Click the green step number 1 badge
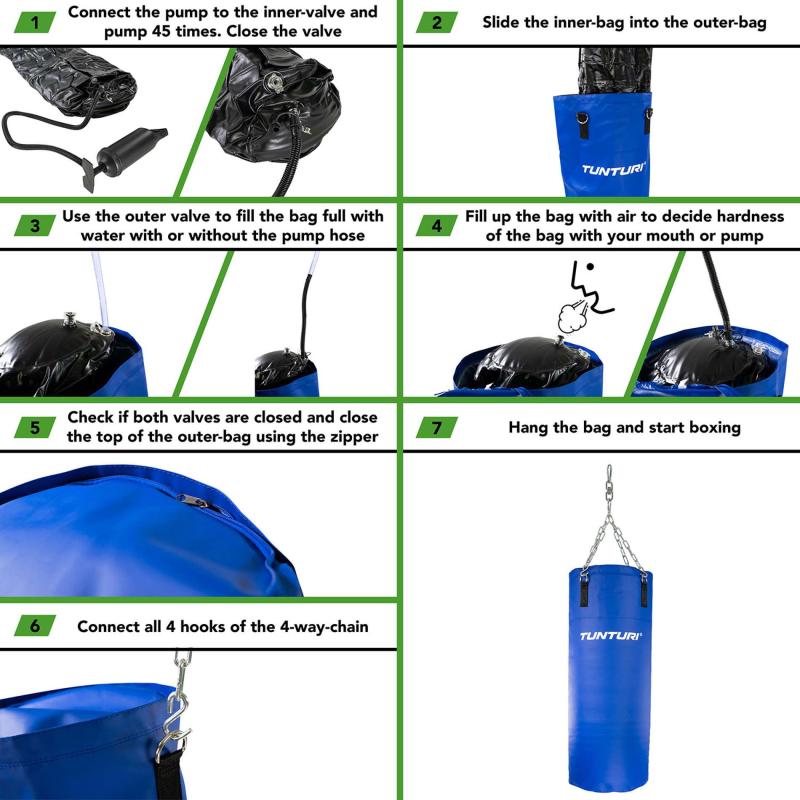point(35,21)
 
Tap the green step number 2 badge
point(436,21)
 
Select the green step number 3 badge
point(35,225)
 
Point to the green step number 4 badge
point(436,225)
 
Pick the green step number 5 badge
point(35,427)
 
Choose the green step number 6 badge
point(35,627)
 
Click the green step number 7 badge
point(436,427)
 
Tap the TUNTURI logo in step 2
point(614,169)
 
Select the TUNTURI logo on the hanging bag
point(611,635)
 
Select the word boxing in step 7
point(712,427)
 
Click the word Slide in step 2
point(503,21)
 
